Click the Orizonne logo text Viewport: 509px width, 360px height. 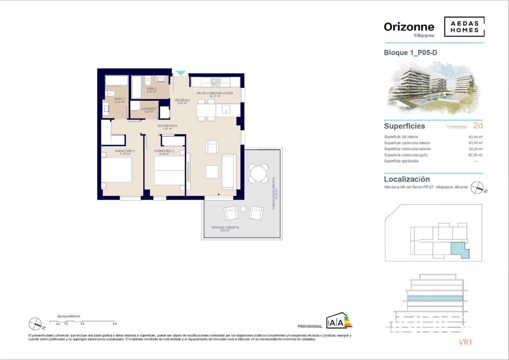(409, 27)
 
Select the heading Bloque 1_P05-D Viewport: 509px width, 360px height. (410, 53)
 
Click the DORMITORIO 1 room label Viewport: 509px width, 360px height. (125, 151)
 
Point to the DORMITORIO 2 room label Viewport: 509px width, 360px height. (164, 151)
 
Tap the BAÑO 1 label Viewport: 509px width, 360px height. (120, 99)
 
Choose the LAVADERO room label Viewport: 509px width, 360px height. (149, 109)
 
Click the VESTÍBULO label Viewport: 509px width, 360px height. (182, 100)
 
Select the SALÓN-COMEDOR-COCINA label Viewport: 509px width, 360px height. (215, 93)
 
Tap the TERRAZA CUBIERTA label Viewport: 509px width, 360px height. (225, 228)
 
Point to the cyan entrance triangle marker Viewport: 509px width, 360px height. (180, 73)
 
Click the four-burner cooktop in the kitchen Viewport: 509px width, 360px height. (216, 82)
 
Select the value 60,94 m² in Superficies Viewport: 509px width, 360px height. (476, 137)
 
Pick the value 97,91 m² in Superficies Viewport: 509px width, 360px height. (476, 155)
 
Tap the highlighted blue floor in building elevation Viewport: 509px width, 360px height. (435, 298)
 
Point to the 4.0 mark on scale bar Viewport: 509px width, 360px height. (115, 324)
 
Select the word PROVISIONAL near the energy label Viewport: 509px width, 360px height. (310, 326)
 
